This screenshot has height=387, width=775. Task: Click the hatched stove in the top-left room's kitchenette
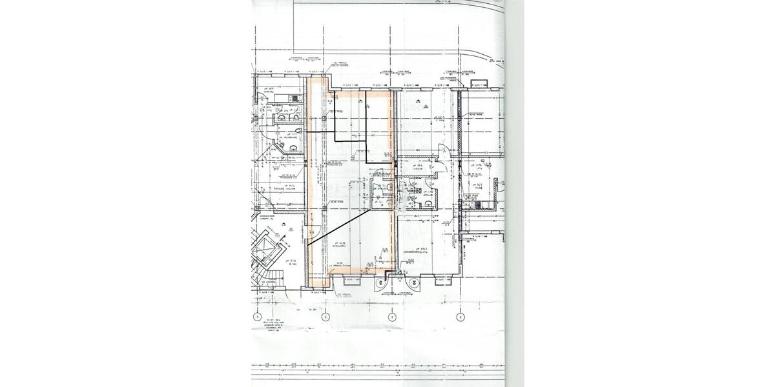(295, 98)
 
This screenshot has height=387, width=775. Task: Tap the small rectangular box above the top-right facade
(479, 84)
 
